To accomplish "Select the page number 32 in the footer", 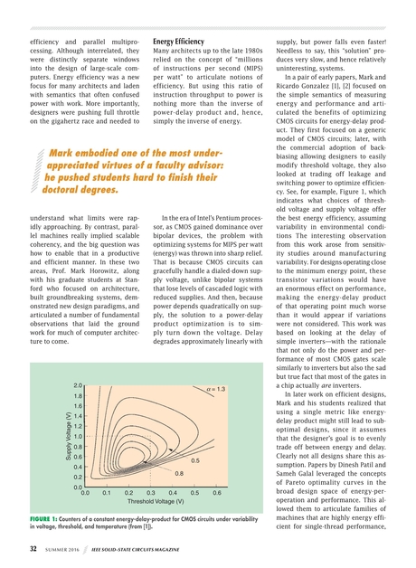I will pyautogui.click(x=33, y=548).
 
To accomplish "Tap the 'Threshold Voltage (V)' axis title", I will pyautogui.click(x=150, y=501).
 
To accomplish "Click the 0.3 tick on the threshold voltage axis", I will pyautogui.click(x=150, y=493).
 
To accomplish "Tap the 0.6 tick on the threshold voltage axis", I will pyautogui.click(x=216, y=493).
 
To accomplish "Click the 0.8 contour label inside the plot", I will pyautogui.click(x=179, y=473).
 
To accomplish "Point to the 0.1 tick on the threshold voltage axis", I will pyautogui.click(x=106, y=493).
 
